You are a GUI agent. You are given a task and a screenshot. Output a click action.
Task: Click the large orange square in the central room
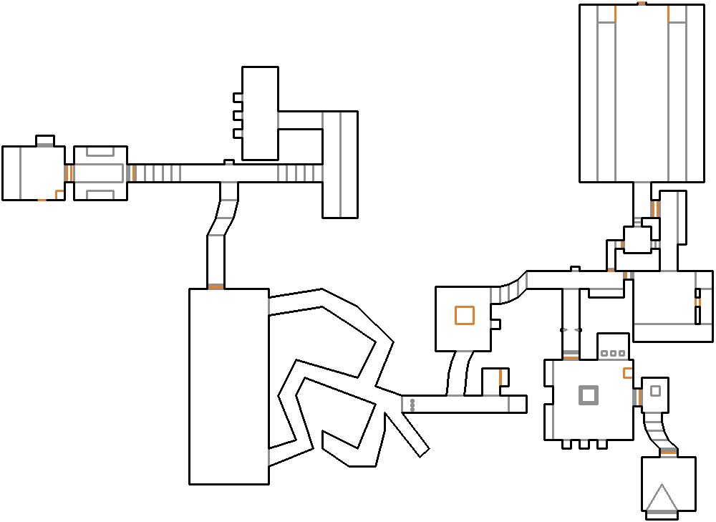click(x=464, y=315)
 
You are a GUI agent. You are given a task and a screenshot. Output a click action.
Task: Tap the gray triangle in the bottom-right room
click(x=661, y=499)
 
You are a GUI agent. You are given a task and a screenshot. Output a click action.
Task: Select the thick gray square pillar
click(x=588, y=395)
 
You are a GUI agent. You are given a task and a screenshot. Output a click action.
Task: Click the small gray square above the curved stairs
click(x=654, y=391)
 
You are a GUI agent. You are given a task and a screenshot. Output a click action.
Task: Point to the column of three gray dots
click(x=412, y=405)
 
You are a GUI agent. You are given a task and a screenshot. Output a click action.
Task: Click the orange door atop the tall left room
click(x=216, y=287)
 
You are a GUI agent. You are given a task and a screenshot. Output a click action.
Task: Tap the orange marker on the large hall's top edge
click(x=642, y=4)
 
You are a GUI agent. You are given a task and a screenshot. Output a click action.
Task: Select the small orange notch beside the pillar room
click(x=627, y=373)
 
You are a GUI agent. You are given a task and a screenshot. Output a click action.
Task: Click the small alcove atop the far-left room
click(x=45, y=140)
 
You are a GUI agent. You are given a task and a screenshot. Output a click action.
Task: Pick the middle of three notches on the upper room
click(x=238, y=115)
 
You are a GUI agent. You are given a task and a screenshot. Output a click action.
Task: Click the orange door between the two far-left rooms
click(x=69, y=173)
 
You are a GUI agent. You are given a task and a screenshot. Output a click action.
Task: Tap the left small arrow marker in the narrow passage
click(x=563, y=330)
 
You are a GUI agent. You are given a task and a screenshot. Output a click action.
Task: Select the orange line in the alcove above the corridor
click(x=500, y=377)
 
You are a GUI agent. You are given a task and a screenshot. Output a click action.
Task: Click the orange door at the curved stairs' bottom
click(x=669, y=451)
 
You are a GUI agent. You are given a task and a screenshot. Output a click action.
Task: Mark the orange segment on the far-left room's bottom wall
click(x=42, y=200)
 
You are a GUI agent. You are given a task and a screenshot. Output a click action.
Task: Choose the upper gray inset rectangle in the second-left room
click(x=100, y=152)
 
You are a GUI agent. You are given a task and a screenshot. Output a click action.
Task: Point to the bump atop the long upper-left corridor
click(x=229, y=163)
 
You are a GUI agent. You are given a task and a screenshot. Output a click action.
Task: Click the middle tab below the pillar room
click(x=584, y=445)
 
